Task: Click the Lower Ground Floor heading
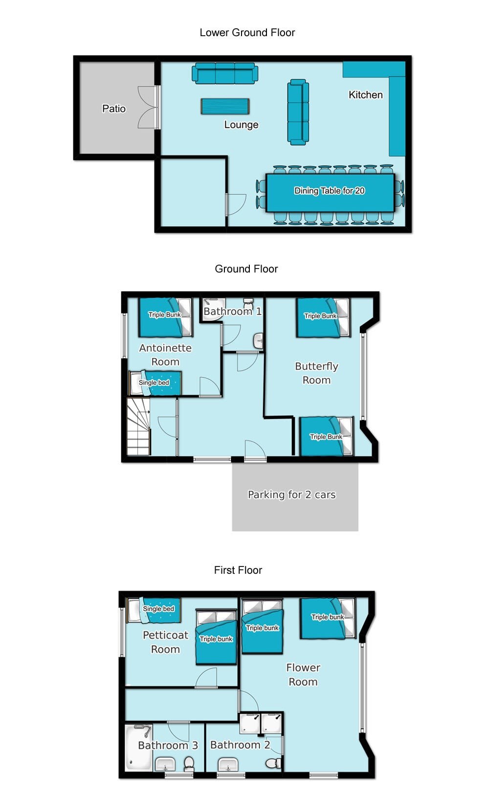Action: pyautogui.click(x=247, y=33)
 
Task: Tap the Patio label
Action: pyautogui.click(x=113, y=108)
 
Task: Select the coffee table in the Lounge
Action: pyautogui.click(x=225, y=106)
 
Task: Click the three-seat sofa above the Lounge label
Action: pyautogui.click(x=225, y=74)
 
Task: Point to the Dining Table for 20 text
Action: pyautogui.click(x=329, y=191)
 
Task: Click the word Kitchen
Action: pyautogui.click(x=365, y=95)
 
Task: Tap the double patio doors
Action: pyautogui.click(x=149, y=107)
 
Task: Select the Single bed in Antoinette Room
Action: pyautogui.click(x=155, y=383)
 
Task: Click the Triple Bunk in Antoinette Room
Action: pyautogui.click(x=165, y=318)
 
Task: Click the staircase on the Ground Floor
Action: pyautogui.click(x=138, y=427)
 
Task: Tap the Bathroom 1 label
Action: pyautogui.click(x=232, y=312)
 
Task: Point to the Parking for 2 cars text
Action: pyautogui.click(x=291, y=495)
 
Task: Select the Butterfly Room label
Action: pyautogui.click(x=316, y=373)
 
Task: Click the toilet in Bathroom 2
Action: pyautogui.click(x=273, y=762)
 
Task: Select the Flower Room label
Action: pyautogui.click(x=303, y=674)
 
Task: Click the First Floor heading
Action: pyautogui.click(x=238, y=570)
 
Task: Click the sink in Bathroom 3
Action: pyautogui.click(x=165, y=764)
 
